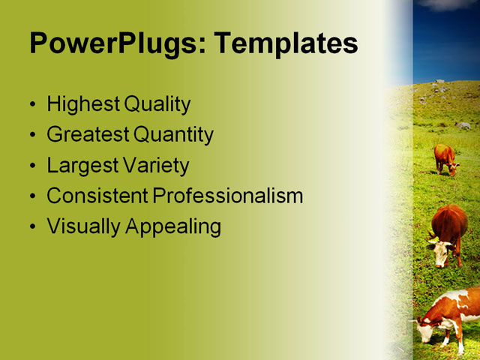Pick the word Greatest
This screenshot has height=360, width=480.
(88, 135)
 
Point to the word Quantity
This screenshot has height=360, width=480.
(174, 135)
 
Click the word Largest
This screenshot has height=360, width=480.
(82, 165)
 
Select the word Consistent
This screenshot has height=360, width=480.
(97, 196)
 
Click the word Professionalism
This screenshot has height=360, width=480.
(228, 196)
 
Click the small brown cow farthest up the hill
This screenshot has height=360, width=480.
(445, 158)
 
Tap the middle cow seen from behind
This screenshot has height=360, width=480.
(448, 232)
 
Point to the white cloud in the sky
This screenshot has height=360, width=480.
(450, 4)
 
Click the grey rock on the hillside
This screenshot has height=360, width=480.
(463, 125)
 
